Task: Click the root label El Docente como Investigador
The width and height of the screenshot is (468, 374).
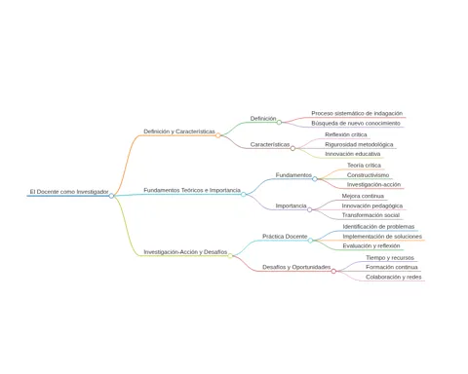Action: click(69, 192)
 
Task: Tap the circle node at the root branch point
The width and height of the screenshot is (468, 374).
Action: click(111, 196)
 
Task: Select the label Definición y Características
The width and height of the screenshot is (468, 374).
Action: click(179, 131)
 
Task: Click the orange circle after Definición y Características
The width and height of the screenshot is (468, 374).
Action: click(218, 135)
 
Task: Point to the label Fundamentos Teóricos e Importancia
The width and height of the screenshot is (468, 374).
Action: click(192, 190)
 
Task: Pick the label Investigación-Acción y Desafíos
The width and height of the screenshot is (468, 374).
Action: click(185, 252)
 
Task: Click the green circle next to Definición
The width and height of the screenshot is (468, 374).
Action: click(279, 123)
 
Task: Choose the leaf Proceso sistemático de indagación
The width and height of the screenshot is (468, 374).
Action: click(357, 114)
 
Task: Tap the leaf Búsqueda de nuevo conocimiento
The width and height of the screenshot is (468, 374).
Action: click(356, 124)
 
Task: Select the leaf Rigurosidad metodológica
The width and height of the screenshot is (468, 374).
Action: click(359, 144)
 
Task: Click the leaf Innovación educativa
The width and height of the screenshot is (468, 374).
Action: click(353, 154)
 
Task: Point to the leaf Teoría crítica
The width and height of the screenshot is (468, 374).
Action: click(364, 166)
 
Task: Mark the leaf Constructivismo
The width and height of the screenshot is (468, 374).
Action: click(368, 175)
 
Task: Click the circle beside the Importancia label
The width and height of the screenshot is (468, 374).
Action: click(310, 209)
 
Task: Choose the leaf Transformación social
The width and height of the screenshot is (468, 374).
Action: click(370, 215)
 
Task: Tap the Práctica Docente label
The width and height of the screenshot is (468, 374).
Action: click(285, 237)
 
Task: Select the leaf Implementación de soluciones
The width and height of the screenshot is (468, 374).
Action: click(382, 237)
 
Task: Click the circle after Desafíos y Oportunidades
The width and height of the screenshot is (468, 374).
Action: click(333, 271)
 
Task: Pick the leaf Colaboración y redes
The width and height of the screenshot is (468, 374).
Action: click(394, 277)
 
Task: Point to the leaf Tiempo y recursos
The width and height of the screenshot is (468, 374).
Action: click(390, 258)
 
